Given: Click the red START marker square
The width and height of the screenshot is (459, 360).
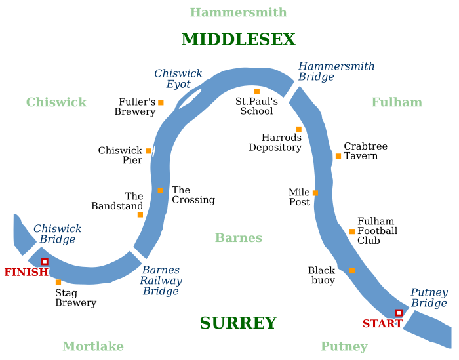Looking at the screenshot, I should coord(399,313).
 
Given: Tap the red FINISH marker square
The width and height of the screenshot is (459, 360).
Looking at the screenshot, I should coord(45,262).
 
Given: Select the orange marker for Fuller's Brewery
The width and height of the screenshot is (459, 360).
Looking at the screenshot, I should coord(161,102).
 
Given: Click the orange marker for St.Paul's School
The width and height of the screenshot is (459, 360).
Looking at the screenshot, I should coord(257,92).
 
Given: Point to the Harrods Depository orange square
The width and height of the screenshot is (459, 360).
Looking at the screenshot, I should coord(298,129).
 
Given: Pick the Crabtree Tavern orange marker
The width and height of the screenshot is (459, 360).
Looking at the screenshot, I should coord(338,156).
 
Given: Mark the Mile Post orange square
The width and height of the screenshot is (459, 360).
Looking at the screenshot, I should coord(315,193).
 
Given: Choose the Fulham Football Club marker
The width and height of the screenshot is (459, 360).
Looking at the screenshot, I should coord(352,231).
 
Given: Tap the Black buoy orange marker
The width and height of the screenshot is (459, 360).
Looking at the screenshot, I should coord(352,271).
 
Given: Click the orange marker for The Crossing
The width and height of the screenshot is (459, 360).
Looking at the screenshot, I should coord(161,191).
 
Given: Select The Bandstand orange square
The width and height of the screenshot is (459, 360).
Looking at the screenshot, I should coord(140,214).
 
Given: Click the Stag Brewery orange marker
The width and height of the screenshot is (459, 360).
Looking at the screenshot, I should coord(58,283).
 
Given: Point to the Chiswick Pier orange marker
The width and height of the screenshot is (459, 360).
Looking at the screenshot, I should coord(148,151).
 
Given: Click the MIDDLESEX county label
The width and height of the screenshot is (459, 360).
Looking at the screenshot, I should coord(238,40).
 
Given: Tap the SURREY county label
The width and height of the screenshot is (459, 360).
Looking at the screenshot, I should coord(238,323).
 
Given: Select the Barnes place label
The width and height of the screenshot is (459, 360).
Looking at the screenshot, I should coord(239,238).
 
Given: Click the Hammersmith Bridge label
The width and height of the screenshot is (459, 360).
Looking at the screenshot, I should coord(336,71).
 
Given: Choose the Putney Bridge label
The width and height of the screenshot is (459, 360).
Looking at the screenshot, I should coord(429,298).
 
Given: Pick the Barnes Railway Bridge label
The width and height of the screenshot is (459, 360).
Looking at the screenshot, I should coord(161,281).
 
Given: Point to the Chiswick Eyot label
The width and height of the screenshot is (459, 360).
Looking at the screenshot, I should coord(178,79).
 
